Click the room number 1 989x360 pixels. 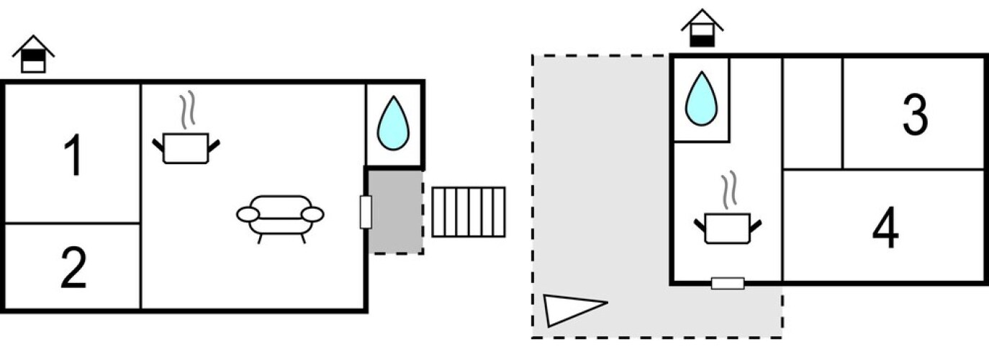(73, 157)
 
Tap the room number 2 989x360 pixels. (73, 268)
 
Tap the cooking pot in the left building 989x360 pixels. (186, 148)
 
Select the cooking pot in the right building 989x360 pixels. (728, 228)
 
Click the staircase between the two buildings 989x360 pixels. (469, 212)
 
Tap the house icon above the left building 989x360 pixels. (33, 55)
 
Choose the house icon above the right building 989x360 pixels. (702, 28)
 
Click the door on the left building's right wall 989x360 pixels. (366, 212)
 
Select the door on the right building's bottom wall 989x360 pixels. (727, 283)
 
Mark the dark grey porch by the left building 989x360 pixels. (395, 210)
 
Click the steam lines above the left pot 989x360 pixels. (187, 109)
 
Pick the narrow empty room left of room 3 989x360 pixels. (812, 113)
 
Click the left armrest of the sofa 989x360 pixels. (248, 215)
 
